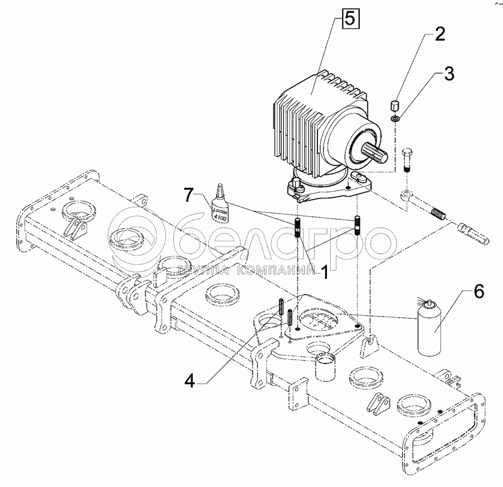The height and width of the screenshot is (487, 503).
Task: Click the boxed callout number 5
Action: click(350, 18)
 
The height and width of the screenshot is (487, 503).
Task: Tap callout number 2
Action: click(440, 34)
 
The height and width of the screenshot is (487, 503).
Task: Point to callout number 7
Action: click(189, 195)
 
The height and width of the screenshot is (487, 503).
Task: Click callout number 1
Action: click(325, 272)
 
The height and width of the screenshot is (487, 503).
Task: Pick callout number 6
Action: click(478, 292)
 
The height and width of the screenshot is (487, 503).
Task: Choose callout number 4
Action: click(190, 381)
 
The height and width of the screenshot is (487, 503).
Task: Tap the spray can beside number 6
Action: click(429, 328)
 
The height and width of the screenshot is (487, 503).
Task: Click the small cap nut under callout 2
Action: click(395, 105)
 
